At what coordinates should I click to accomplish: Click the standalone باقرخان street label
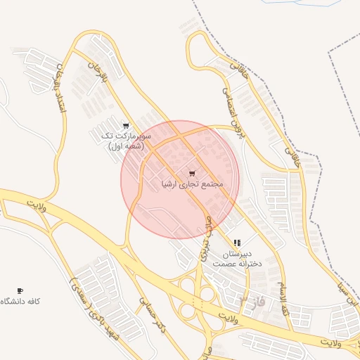click(97, 72)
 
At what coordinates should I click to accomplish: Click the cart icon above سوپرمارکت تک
click(126, 127)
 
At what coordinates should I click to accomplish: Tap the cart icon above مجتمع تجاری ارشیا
click(193, 173)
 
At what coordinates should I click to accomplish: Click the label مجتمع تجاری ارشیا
click(193, 185)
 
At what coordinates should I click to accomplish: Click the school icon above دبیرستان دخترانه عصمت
click(236, 243)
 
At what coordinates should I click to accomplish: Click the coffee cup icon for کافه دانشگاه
click(20, 290)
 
